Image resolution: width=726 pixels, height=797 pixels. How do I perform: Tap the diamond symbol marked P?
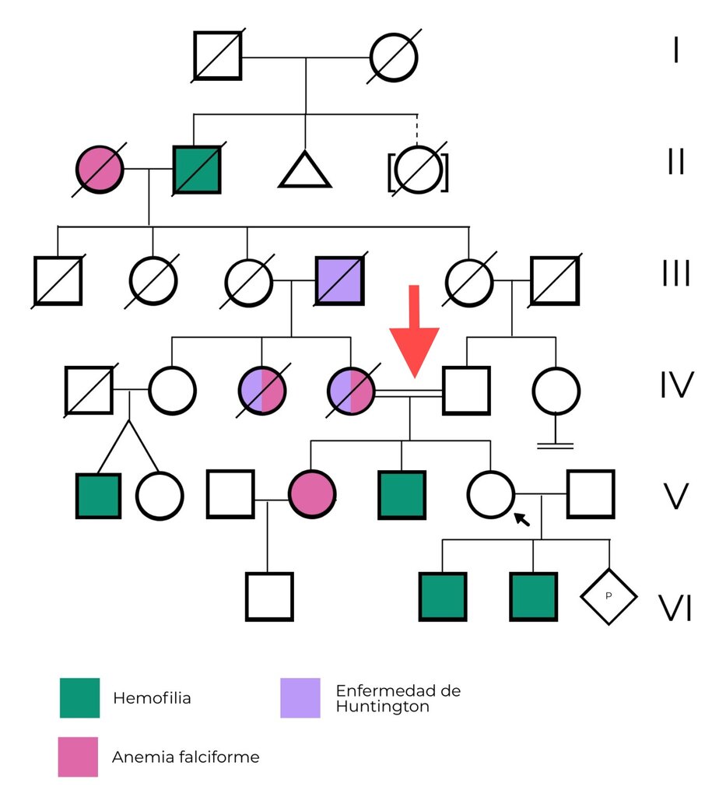point(609,596)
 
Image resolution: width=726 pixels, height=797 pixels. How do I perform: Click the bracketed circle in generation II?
point(418,169)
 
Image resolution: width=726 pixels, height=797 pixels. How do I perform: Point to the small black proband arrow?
point(522,519)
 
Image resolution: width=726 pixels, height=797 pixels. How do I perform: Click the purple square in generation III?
point(339,280)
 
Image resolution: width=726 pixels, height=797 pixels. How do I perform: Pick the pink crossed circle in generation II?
point(100,169)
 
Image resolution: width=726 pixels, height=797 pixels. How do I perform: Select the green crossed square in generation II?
point(197,169)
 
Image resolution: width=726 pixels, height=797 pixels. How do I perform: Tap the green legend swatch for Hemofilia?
point(80,697)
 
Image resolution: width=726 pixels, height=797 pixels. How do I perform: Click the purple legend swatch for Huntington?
point(300,697)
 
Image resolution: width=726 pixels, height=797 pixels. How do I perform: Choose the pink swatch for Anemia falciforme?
point(78,757)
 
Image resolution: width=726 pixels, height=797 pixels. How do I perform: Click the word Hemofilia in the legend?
point(152,698)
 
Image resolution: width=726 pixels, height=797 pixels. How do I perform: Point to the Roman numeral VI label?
point(675,608)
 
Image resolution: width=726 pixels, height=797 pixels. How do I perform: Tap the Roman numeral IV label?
point(677,384)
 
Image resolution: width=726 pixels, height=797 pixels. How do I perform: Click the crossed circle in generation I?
point(394,57)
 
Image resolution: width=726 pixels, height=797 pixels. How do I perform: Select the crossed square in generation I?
point(218,56)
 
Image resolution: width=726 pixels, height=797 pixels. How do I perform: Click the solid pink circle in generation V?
point(312,494)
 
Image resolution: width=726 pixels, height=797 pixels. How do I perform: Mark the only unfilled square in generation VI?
point(269,597)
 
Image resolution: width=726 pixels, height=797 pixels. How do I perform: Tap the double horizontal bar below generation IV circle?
point(556,446)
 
